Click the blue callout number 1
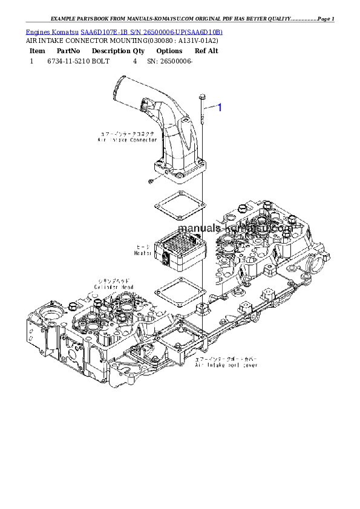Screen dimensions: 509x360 220,108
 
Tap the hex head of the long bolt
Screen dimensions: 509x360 201,97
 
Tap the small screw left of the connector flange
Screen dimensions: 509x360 149,181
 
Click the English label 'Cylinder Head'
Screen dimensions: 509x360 114,287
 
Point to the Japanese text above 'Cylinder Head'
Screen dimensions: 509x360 115,280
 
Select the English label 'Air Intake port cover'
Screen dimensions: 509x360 226,366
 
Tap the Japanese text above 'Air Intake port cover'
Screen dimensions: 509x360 226,360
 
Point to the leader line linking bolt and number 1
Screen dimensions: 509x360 210,107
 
